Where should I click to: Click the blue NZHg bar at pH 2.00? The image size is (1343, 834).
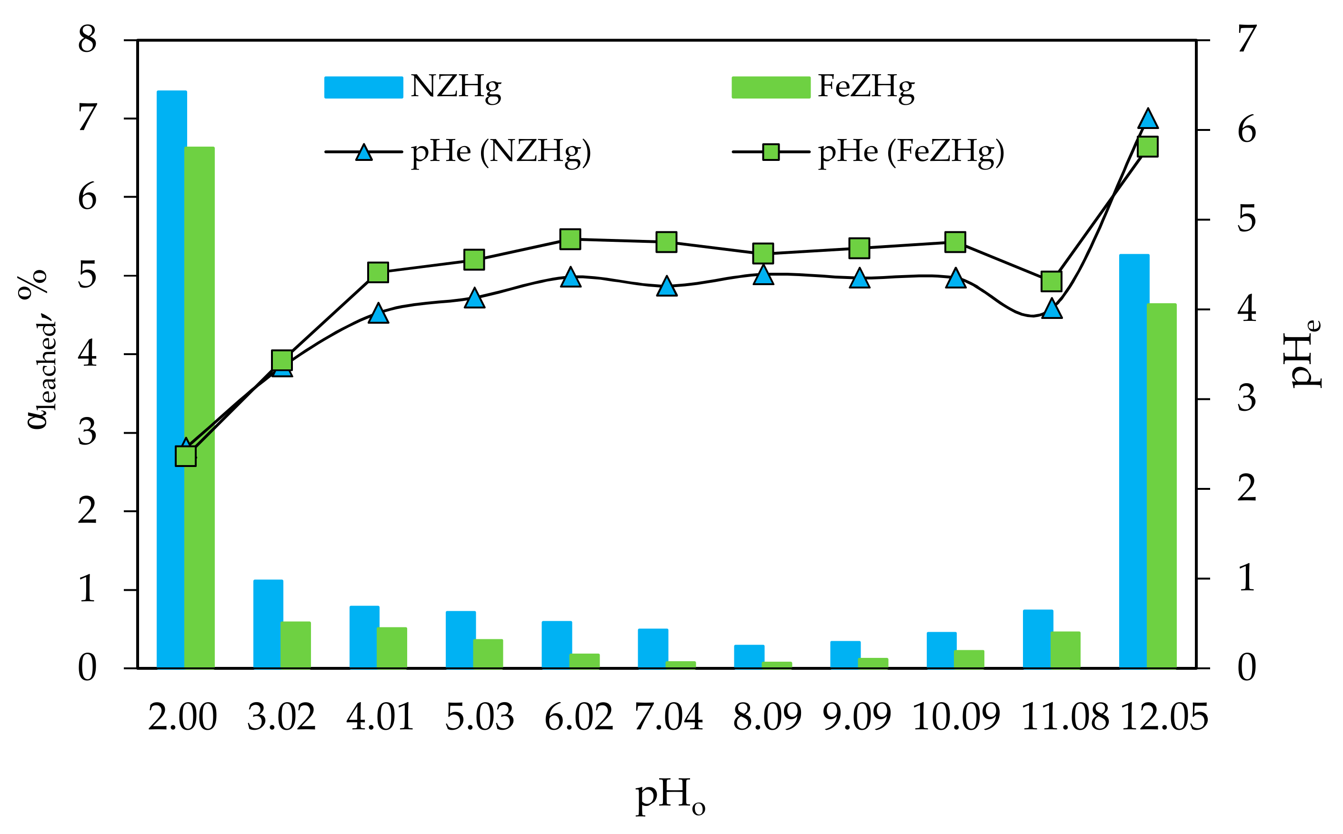pos(171,381)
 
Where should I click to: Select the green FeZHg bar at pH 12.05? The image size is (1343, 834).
pos(1162,486)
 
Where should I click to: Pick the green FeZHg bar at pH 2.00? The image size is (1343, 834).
pos(199,408)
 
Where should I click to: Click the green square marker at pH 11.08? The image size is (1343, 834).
pos(1052,281)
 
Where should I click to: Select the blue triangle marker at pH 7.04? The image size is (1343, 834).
pos(667,286)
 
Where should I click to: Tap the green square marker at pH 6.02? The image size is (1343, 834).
pos(570,239)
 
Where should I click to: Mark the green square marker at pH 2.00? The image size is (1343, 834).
pos(185,456)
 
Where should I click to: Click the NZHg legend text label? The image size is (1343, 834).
pos(456,87)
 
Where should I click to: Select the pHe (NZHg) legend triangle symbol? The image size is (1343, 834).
pos(364,152)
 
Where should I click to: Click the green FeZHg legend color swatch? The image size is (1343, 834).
pos(771,87)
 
